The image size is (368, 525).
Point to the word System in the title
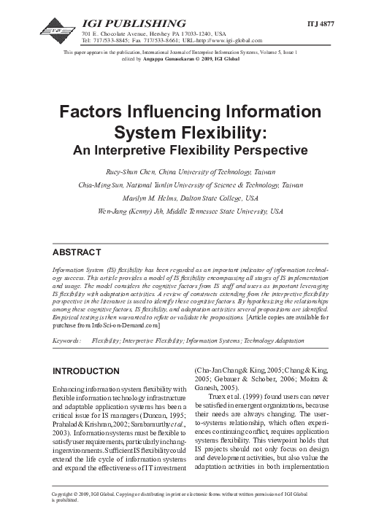pyautogui.click(x=167, y=135)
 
